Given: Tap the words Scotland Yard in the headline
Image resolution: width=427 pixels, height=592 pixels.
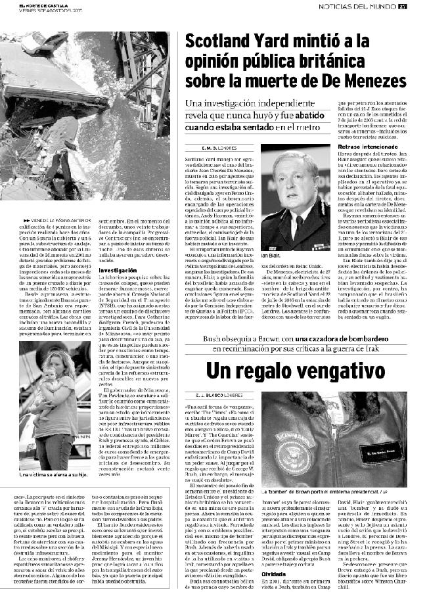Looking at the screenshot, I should (x=237, y=43).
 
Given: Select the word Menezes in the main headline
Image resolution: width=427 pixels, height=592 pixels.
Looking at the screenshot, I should (x=372, y=81).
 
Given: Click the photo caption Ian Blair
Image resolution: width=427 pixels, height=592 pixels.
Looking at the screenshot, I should (x=271, y=255).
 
